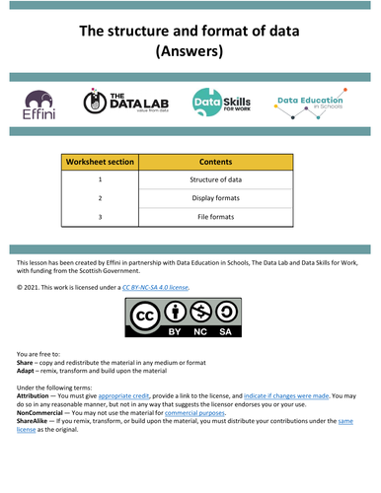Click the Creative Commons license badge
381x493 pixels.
pos(190,320)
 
